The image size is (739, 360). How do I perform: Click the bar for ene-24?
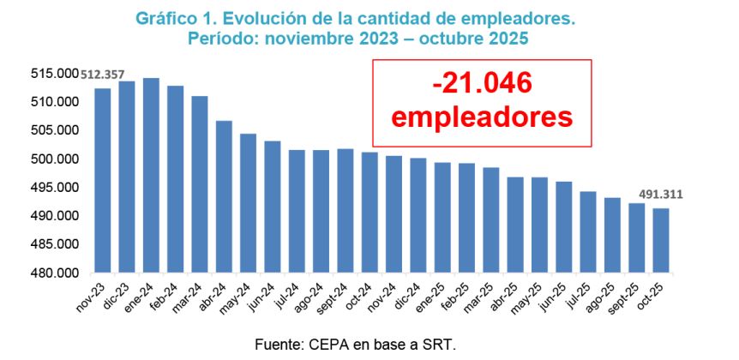pyautogui.click(x=151, y=176)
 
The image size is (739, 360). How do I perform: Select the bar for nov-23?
pyautogui.click(x=102, y=181)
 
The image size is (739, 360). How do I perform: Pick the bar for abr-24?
pyautogui.click(x=224, y=197)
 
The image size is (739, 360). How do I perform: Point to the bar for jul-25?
pyautogui.click(x=588, y=232)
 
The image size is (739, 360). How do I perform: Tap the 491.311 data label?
pyautogui.click(x=658, y=195)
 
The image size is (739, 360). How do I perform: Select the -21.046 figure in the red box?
pyautogui.click(x=483, y=83)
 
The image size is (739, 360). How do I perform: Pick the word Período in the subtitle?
pyautogui.click(x=221, y=39)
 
